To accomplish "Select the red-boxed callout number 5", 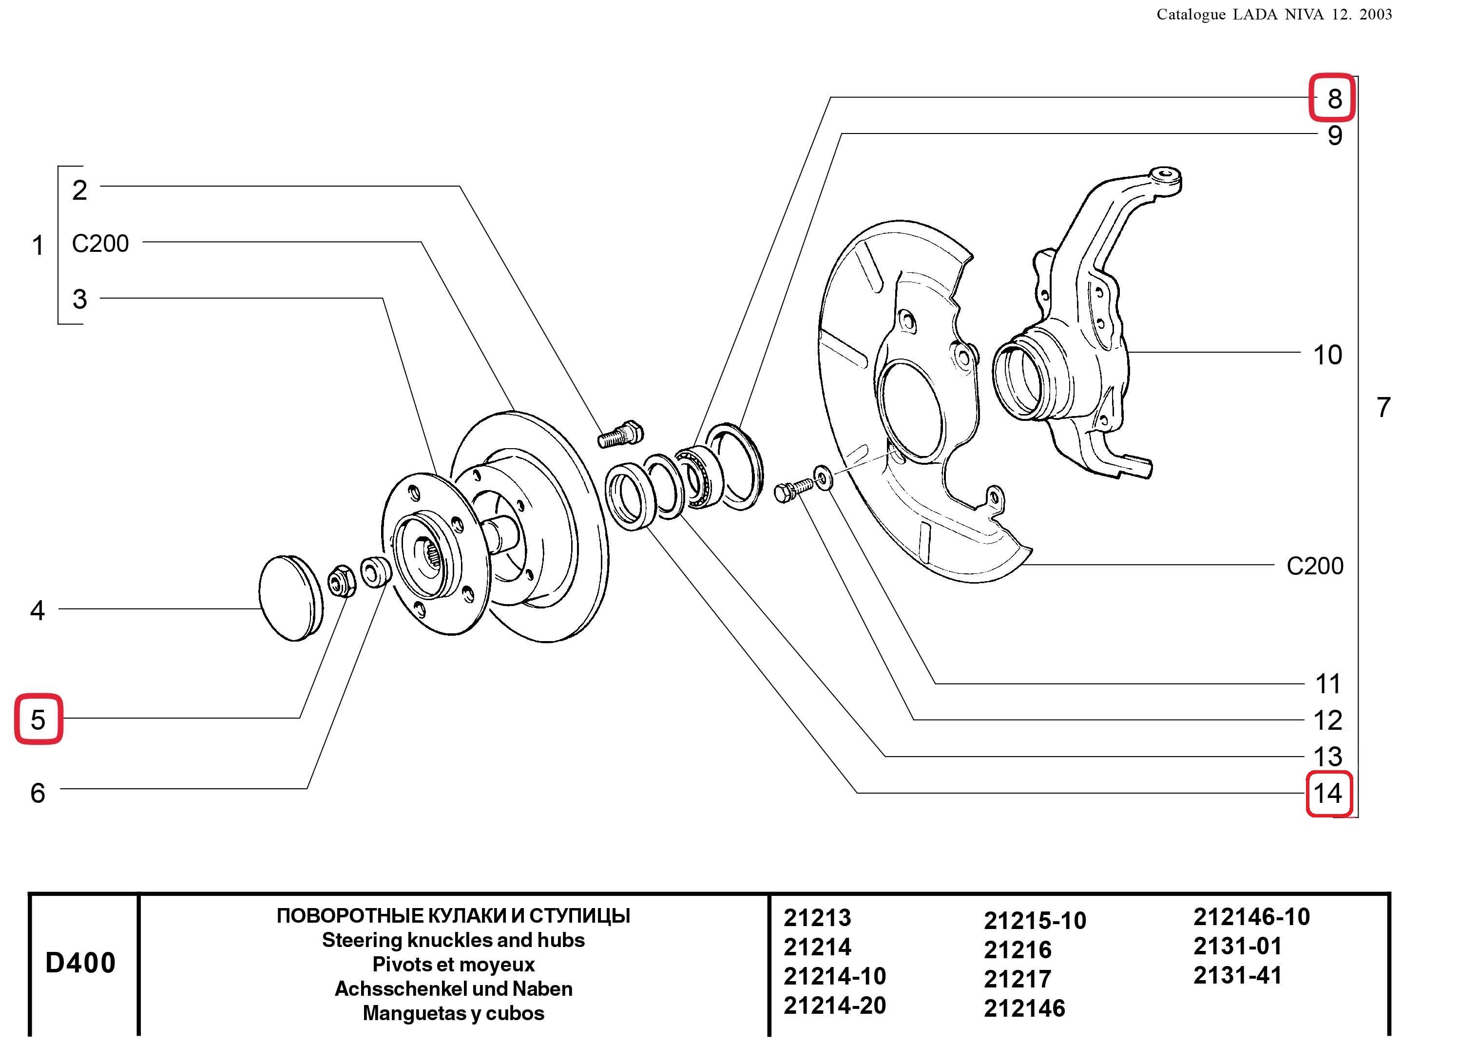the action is [38, 720].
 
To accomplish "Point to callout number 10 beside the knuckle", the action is [1327, 355].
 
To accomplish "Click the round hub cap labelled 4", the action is [291, 598].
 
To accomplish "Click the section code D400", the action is [80, 963].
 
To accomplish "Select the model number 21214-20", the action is [834, 1005].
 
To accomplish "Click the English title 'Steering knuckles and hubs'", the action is [454, 940].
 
